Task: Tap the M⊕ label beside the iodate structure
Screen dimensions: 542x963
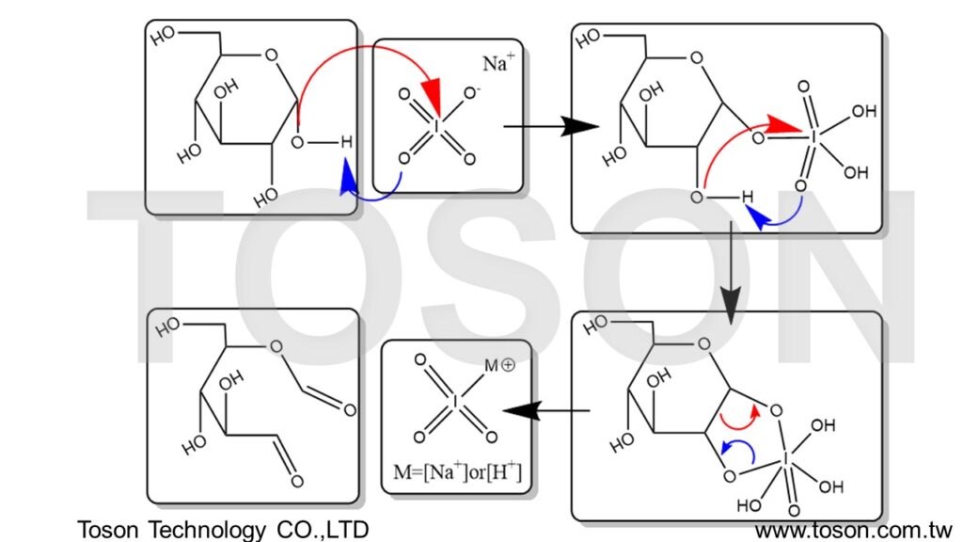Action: tap(499, 364)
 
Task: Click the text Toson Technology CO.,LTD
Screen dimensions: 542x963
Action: tap(222, 529)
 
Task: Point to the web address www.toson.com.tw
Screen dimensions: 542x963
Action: tap(854, 529)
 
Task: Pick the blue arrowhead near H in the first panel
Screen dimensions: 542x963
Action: tap(347, 175)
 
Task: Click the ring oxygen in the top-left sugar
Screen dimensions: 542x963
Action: tap(271, 55)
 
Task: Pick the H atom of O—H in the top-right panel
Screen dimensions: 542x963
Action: tap(746, 198)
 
